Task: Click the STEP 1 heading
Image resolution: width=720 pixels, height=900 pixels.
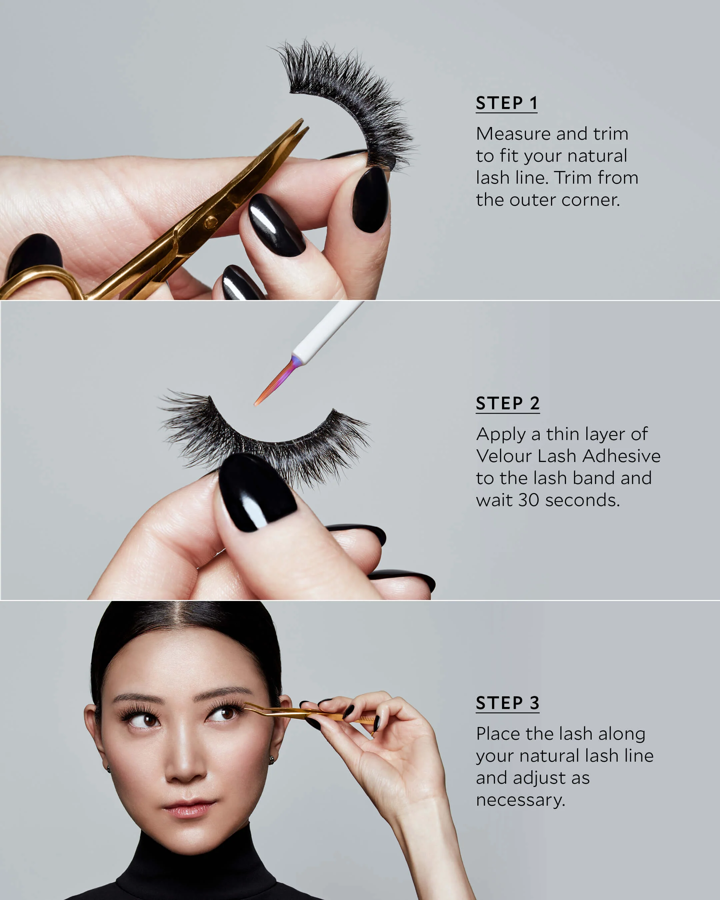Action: pyautogui.click(x=506, y=103)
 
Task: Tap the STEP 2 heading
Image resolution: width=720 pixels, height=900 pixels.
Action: pyautogui.click(x=508, y=403)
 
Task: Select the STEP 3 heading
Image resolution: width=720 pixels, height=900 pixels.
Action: pyautogui.click(x=508, y=703)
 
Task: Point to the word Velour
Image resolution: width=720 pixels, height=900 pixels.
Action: pyautogui.click(x=504, y=456)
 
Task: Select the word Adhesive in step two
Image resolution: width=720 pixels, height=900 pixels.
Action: pyautogui.click(x=621, y=456)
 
